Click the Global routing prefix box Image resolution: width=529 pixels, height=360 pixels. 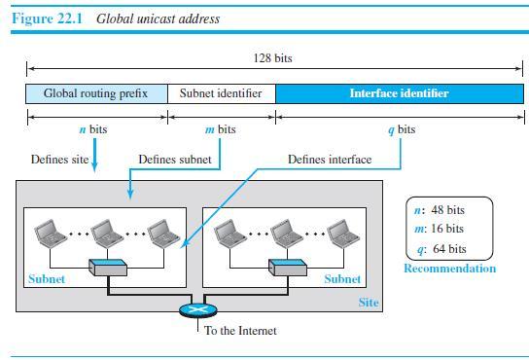[x=96, y=93]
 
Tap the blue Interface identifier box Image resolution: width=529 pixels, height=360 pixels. [x=399, y=93]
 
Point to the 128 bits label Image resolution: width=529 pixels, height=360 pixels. [x=271, y=58]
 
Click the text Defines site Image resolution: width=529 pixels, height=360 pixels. [x=60, y=159]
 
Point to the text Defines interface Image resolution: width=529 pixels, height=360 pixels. [x=330, y=159]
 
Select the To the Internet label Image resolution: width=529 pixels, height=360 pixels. [x=240, y=331]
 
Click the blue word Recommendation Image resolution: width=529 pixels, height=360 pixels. [x=449, y=269]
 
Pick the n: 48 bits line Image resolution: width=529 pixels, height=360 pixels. [x=441, y=210]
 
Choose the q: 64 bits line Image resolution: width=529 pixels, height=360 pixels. [x=441, y=248]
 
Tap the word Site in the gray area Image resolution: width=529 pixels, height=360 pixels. [x=369, y=303]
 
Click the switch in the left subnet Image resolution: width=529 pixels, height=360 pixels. [x=106, y=266]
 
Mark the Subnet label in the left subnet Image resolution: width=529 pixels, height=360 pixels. [x=46, y=278]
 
